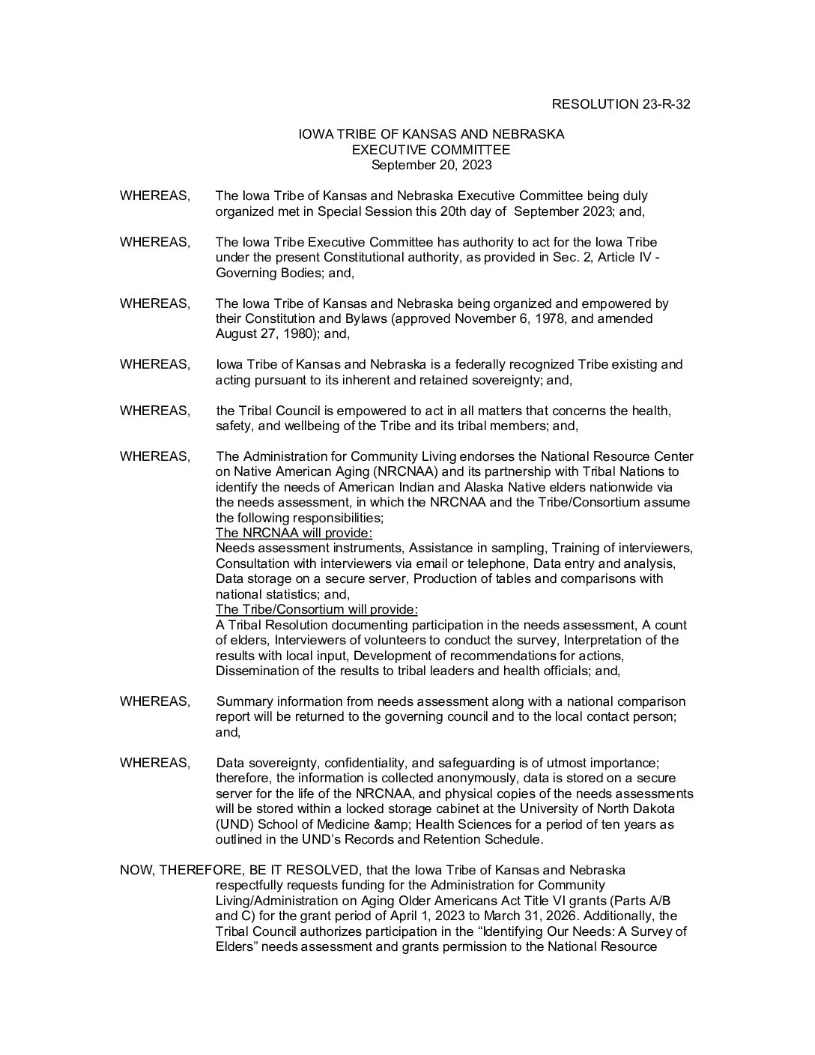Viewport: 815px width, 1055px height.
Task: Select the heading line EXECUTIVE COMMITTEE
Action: coord(431,150)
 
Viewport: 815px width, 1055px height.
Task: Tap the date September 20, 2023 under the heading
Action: coord(431,165)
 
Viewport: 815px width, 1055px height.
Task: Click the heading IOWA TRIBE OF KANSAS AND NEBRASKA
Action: coord(431,134)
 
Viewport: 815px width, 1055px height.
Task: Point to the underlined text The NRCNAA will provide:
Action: coord(294,533)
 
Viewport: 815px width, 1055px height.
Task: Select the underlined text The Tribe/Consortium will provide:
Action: coord(316,609)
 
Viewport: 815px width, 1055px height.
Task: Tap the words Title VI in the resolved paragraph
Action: coord(558,901)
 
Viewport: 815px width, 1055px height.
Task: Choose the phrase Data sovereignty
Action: coord(267,763)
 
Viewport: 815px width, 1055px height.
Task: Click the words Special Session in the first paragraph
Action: coord(364,211)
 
